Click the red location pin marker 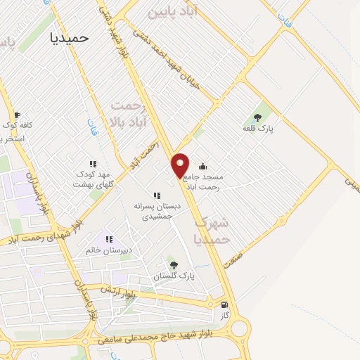pos(181,165)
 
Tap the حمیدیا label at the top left pos(71,39)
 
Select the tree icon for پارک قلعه pos(257,117)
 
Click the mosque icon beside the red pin pos(203,167)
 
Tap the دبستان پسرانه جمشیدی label pos(157,212)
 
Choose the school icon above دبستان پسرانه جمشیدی pos(156,195)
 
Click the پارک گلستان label pos(174,277)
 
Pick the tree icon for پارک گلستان pos(174,265)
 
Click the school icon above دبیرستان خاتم pos(108,238)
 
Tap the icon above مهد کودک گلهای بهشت pos(93,164)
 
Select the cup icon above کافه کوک pos(18,114)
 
